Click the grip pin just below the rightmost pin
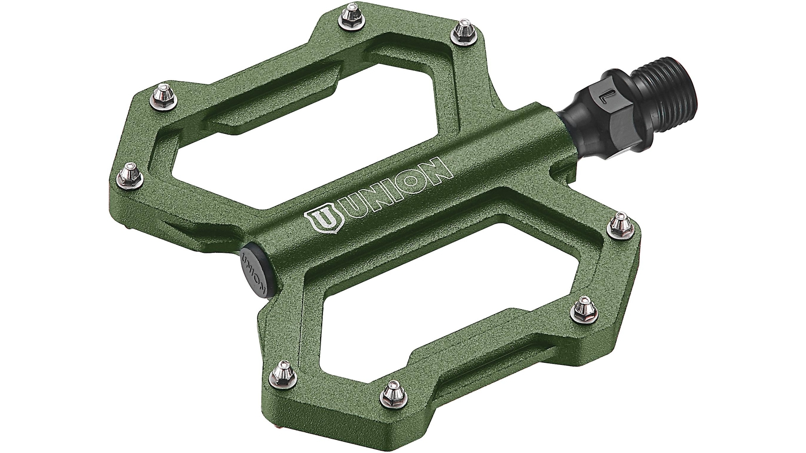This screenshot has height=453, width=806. tap(584, 307)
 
